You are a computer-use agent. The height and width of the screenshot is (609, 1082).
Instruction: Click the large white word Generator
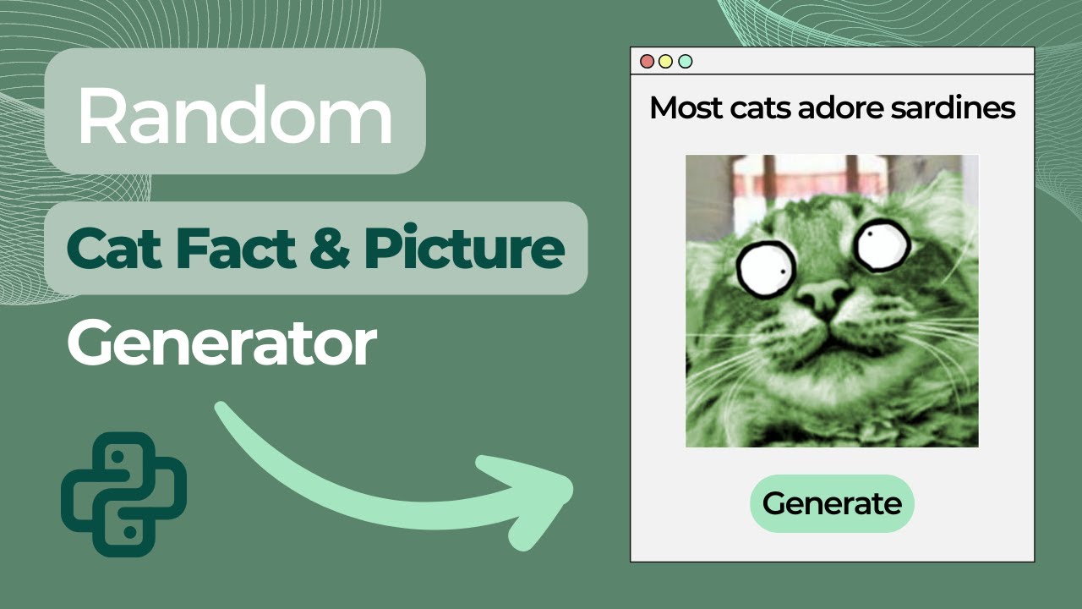[x=221, y=343]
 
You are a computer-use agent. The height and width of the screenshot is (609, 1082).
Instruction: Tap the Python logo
[x=123, y=494]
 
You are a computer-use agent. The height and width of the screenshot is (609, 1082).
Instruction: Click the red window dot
[x=648, y=61]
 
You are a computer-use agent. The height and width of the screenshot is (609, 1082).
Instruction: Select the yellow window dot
[x=666, y=61]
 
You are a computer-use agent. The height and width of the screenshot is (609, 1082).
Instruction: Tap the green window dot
[x=686, y=61]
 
